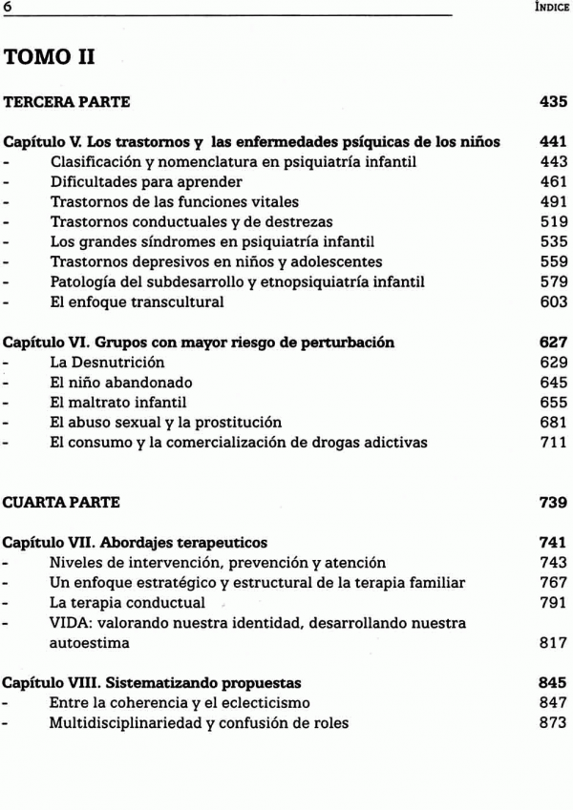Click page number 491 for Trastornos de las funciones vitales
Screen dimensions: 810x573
(553, 201)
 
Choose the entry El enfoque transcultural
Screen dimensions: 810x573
(137, 301)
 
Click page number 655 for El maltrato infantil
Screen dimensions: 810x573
(553, 402)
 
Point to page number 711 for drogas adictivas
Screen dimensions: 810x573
(553, 442)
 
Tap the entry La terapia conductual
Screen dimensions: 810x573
(127, 602)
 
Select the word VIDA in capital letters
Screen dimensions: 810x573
(71, 622)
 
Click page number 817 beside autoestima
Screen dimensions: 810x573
(553, 643)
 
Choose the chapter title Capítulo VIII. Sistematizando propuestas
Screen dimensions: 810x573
(153, 682)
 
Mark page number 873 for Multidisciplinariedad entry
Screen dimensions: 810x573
(553, 722)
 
